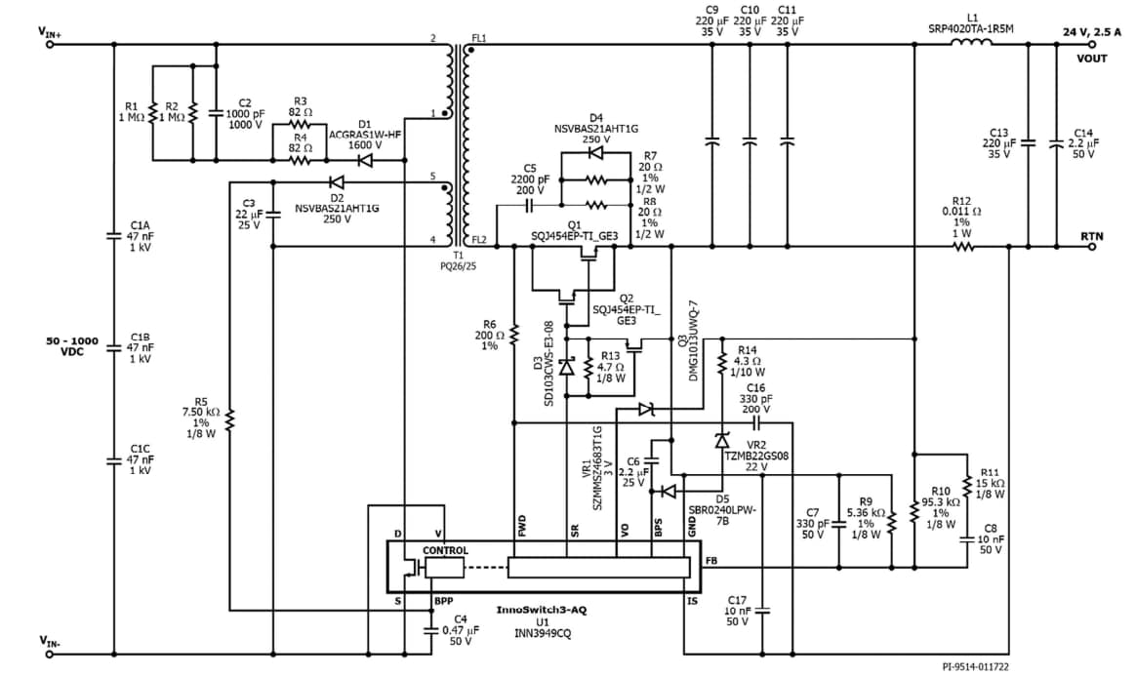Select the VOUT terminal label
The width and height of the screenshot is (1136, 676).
click(x=1092, y=59)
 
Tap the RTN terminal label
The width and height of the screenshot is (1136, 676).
click(x=1092, y=236)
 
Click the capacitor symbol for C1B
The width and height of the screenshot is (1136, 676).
click(x=114, y=346)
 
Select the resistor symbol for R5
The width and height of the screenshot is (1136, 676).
click(x=230, y=419)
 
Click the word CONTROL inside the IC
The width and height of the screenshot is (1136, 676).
click(x=445, y=551)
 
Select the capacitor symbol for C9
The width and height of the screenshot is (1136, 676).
click(x=710, y=141)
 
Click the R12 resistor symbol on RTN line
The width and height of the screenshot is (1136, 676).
click(x=963, y=247)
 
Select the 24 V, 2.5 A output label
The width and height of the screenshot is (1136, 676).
click(x=1092, y=32)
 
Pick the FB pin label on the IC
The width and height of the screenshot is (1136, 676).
click(x=710, y=563)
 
